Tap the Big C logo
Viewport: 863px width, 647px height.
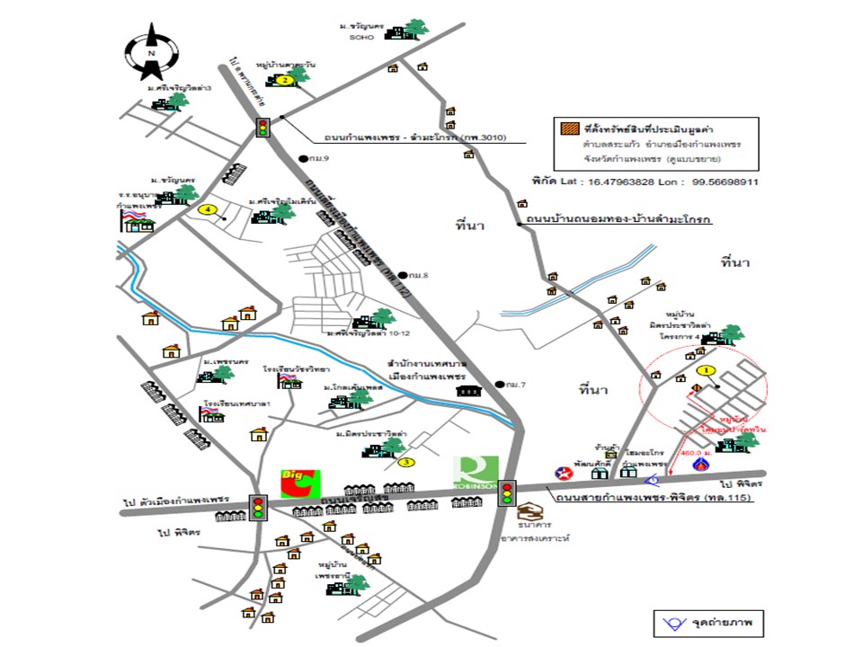tap(298, 481)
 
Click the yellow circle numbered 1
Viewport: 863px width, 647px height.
tap(706, 370)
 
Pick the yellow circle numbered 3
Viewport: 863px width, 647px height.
tap(407, 463)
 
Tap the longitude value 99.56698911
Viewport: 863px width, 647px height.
tap(723, 181)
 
